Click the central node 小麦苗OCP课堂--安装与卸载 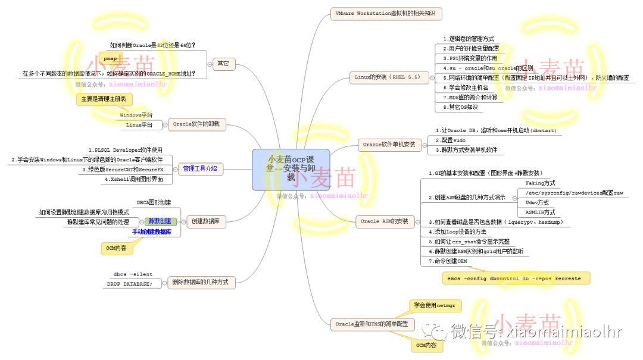point(291,169)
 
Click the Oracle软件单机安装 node point(389,144)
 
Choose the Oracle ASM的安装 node point(385,221)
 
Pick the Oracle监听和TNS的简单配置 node point(372,324)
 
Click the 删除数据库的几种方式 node point(202,282)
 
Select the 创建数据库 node point(205,221)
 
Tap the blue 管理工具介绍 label point(199,168)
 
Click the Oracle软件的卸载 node point(196,124)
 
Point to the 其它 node point(223,62)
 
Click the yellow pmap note point(110,59)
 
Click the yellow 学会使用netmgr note point(436,306)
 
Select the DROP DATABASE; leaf point(130,284)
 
